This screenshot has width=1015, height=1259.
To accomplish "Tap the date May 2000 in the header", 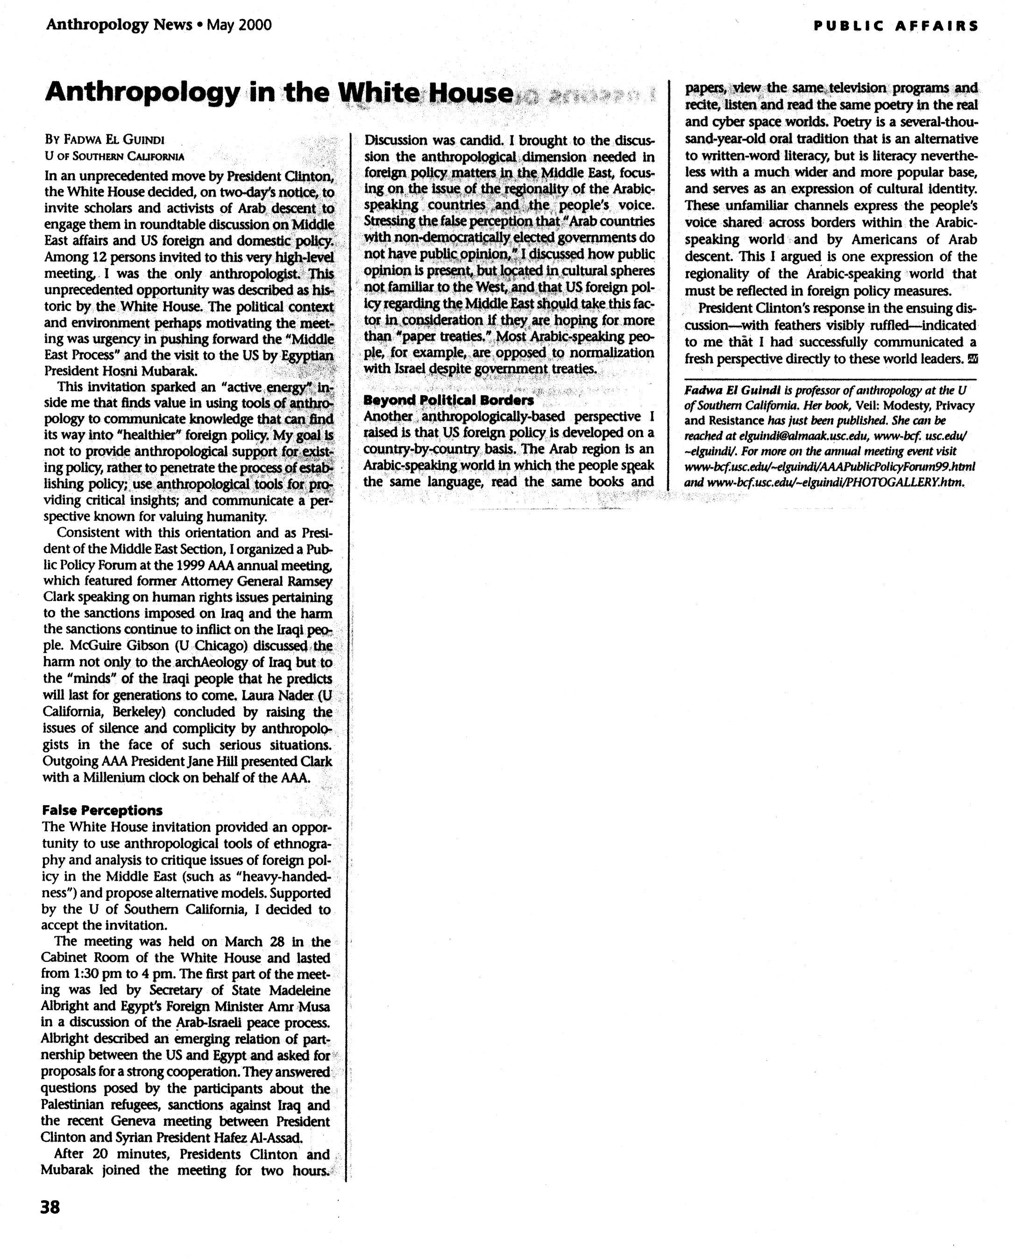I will (x=239, y=25).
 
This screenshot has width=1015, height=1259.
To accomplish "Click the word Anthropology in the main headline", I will (x=142, y=92).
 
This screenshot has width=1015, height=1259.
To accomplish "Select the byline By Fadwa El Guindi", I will (x=105, y=140).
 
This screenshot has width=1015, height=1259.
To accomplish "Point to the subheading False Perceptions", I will (x=102, y=810).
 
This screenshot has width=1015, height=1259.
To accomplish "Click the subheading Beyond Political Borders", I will (x=448, y=400).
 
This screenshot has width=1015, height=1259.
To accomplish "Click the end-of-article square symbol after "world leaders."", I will (x=972, y=359).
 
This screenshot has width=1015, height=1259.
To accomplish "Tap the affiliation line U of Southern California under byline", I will (x=114, y=156).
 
